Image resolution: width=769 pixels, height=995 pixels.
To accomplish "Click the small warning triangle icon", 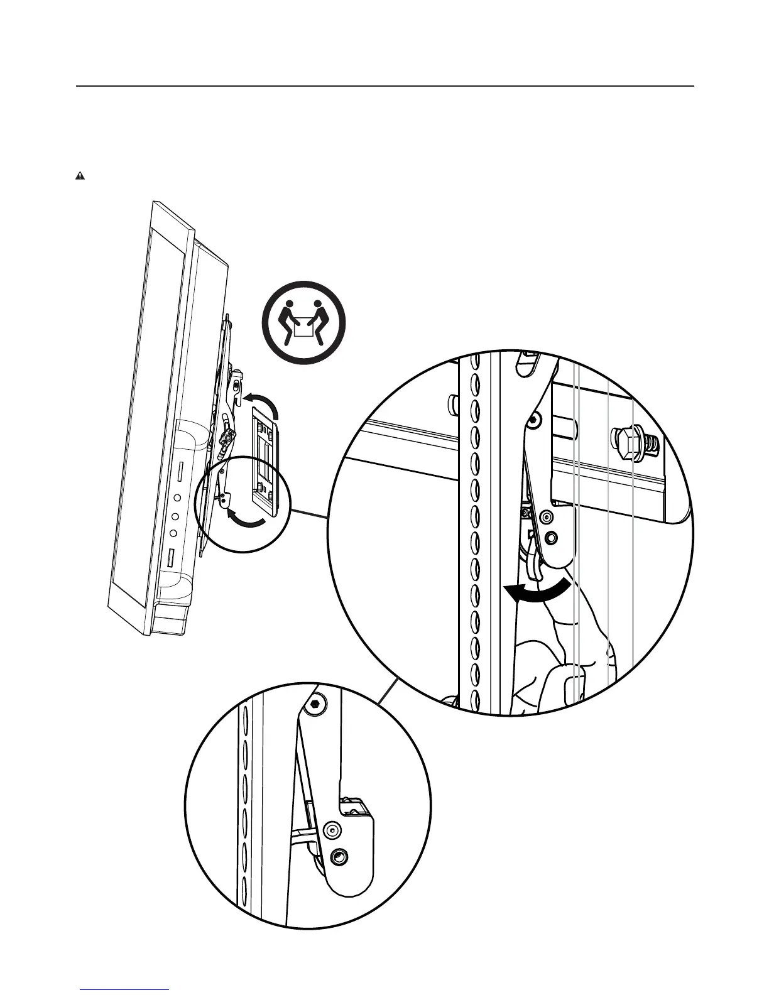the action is tap(80, 176).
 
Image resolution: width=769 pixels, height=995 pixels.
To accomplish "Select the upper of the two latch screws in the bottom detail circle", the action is tap(332, 830).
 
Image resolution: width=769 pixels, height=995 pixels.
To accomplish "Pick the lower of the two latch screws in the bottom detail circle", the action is tap(340, 856).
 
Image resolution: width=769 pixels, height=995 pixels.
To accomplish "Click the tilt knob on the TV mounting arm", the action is tap(226, 435).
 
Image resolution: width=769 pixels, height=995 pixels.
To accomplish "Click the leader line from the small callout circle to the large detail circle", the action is tap(308, 511).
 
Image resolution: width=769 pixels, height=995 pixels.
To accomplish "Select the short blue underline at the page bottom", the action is tap(125, 990).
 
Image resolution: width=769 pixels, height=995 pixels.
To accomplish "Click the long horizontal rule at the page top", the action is tap(384, 86).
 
